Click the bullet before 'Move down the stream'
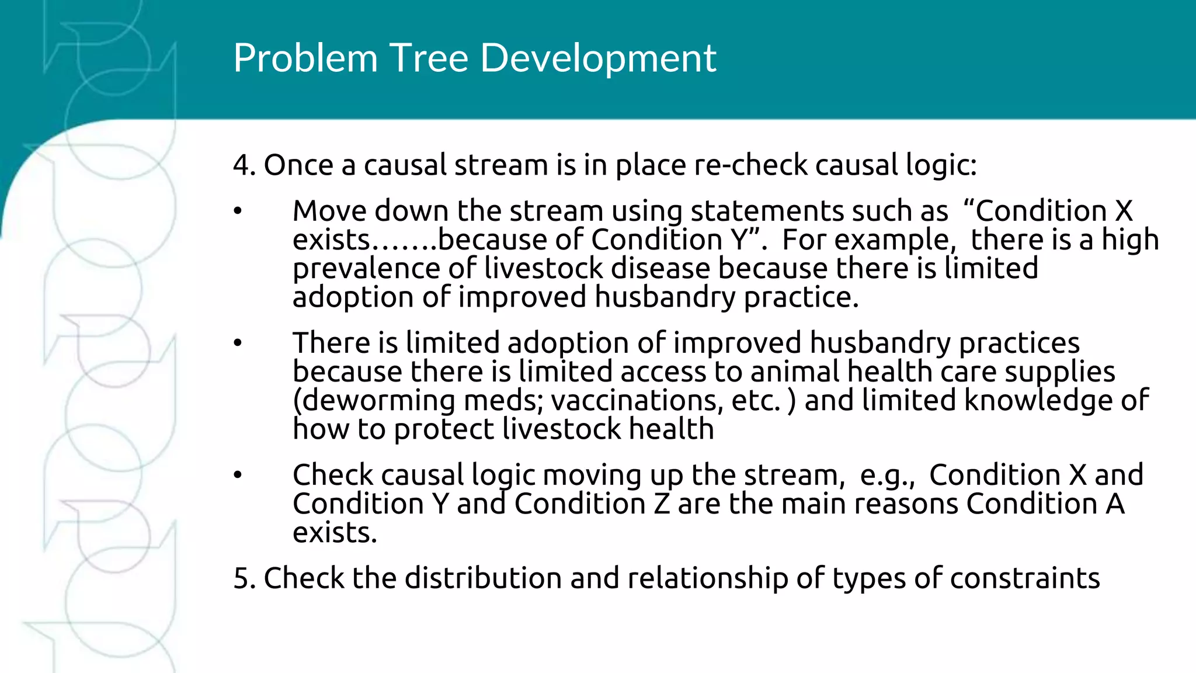(237, 211)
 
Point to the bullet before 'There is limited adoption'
(237, 344)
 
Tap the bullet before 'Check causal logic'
(237, 476)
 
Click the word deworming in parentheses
(377, 401)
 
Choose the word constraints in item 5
(1025, 578)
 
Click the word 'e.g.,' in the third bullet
(887, 476)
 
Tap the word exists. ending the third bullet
(335, 533)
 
